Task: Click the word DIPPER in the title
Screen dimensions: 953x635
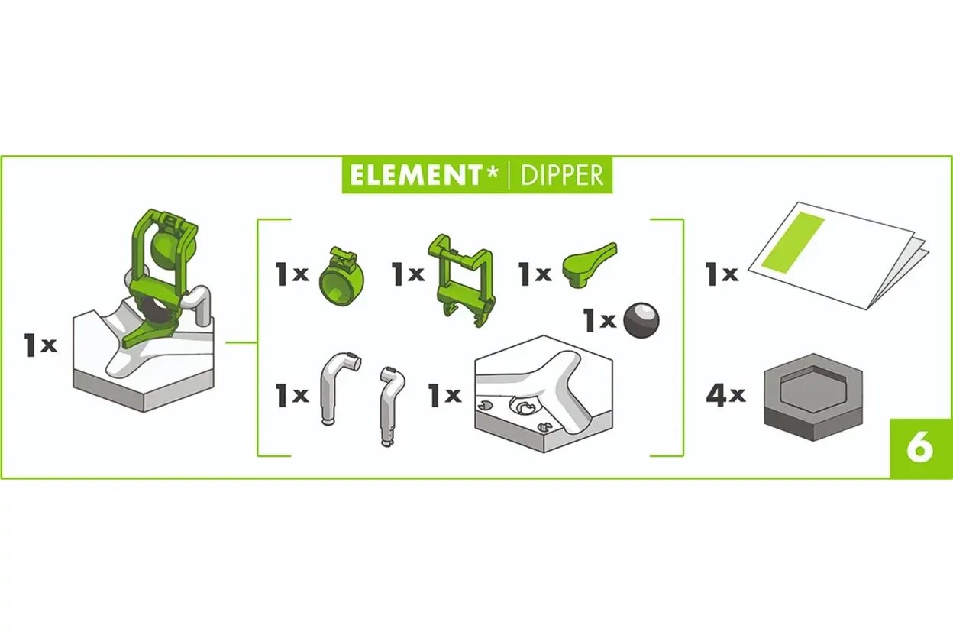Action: tap(562, 175)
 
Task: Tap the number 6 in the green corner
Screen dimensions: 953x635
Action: tap(920, 449)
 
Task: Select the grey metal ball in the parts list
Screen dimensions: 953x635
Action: tap(641, 320)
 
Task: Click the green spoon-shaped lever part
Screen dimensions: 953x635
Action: tap(590, 264)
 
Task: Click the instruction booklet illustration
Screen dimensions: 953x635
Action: tap(838, 255)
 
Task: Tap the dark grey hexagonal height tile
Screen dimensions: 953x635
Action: tap(813, 397)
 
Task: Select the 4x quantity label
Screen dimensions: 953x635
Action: tap(725, 395)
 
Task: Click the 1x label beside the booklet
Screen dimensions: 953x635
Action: tap(722, 274)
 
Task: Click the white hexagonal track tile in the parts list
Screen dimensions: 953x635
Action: tap(544, 394)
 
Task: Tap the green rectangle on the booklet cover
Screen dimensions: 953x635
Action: tap(792, 242)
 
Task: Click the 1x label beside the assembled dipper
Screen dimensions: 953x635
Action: tap(40, 345)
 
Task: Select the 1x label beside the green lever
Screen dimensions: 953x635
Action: tap(535, 274)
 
